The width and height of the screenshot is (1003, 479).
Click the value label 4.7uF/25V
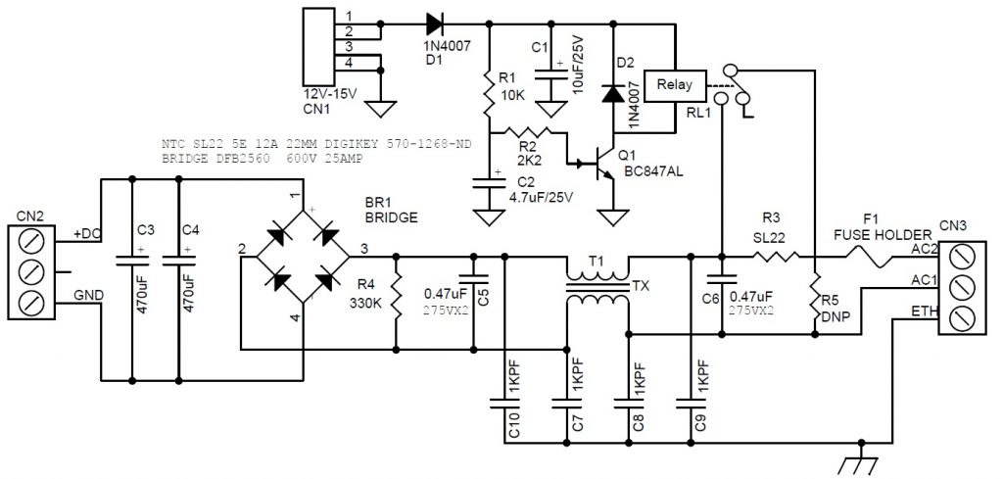[x=542, y=196]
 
